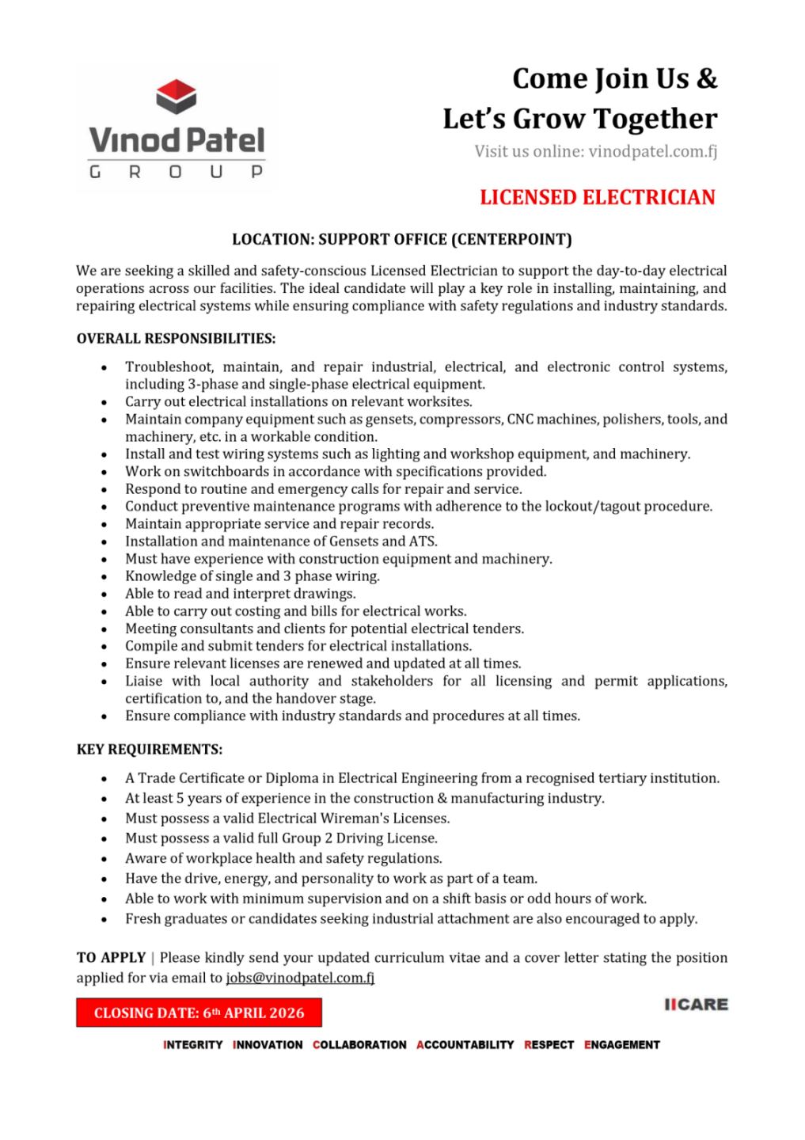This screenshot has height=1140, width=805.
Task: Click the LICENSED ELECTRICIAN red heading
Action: click(x=597, y=197)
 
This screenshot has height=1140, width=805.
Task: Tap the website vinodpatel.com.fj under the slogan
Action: click(x=653, y=151)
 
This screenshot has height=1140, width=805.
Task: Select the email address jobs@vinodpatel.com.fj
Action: click(x=300, y=978)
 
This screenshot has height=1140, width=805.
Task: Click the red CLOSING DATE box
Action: click(x=199, y=1013)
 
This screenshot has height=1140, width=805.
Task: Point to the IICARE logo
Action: click(x=696, y=1005)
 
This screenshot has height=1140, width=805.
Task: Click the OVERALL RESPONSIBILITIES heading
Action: click(x=176, y=339)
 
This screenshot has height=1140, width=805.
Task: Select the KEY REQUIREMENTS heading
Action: click(x=150, y=749)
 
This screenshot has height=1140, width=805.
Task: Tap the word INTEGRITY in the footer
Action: click(x=193, y=1045)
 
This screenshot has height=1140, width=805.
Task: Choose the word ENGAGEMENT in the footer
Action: click(x=622, y=1045)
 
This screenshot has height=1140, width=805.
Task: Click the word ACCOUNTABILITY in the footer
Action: click(x=465, y=1045)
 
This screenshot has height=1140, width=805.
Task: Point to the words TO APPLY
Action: click(x=111, y=958)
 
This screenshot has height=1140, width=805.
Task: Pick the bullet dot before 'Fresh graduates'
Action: click(x=104, y=920)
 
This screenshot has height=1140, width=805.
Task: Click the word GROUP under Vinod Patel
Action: click(x=176, y=172)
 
